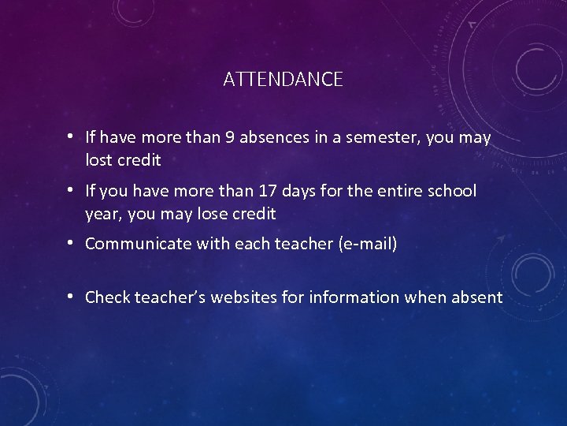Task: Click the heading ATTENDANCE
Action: tap(283, 79)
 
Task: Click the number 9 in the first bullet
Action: tap(229, 138)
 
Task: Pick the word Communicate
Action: tap(137, 244)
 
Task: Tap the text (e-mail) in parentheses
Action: tap(367, 244)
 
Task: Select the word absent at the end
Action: tap(477, 297)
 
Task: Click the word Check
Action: tap(108, 297)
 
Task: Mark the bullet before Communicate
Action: tap(71, 243)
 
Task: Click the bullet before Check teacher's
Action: tap(71, 297)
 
